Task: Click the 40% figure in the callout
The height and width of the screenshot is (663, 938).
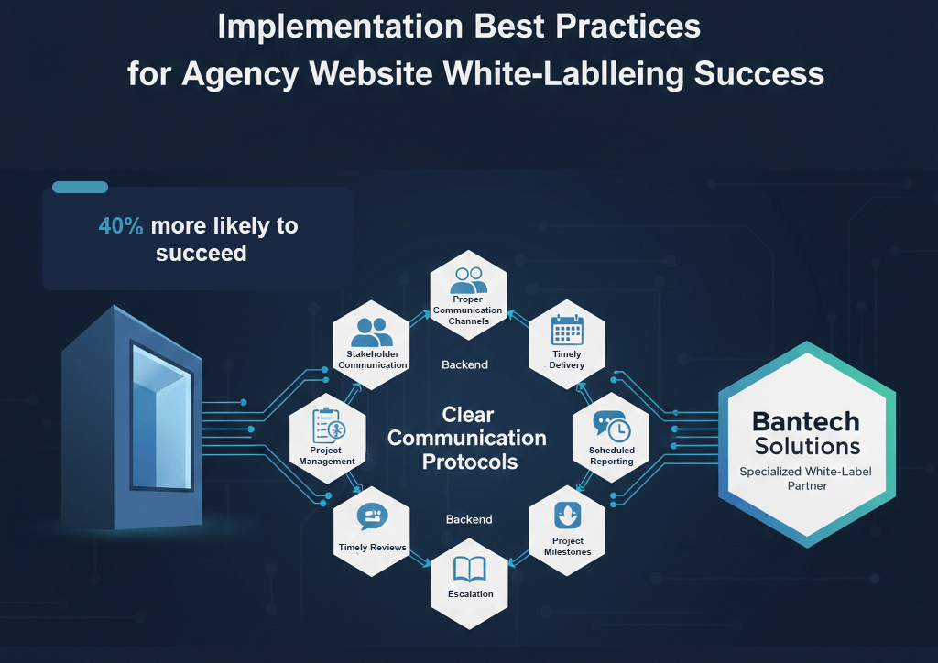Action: pos(121,225)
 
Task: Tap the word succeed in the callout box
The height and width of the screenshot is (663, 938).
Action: pos(201,253)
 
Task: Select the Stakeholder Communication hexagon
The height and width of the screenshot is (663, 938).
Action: pos(372,342)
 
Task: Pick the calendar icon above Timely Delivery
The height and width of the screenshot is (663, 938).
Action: pos(567,331)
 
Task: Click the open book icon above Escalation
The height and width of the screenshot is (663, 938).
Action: pos(470,571)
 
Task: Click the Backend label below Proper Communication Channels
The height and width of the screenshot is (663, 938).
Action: pos(464,364)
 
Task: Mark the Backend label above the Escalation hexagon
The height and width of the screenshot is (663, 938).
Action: pos(469,519)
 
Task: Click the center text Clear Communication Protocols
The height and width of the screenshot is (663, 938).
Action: pos(467,439)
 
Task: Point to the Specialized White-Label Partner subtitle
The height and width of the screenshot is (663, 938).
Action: pos(806,479)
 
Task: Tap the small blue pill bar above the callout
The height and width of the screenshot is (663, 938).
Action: pos(80,188)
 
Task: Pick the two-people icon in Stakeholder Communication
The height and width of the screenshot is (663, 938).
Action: pos(372,331)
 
